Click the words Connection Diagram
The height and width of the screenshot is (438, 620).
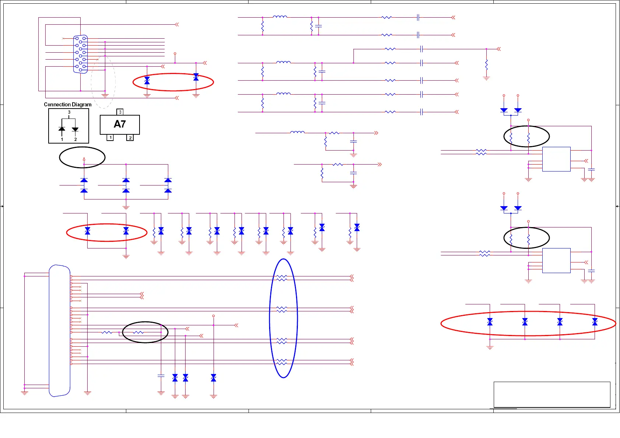click(68, 105)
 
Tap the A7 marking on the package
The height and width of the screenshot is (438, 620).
click(120, 124)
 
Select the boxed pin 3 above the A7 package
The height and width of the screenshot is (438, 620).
click(120, 112)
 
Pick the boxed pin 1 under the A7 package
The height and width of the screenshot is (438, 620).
click(110, 138)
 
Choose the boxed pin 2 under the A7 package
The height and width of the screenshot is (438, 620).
click(130, 138)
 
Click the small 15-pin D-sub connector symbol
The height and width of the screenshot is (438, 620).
click(81, 54)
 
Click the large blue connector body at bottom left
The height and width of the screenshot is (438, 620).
click(60, 331)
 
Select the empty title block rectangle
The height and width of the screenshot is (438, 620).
click(552, 395)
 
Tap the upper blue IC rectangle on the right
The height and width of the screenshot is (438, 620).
click(556, 159)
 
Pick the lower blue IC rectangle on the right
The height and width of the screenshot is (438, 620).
click(556, 261)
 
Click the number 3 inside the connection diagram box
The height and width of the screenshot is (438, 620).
click(69, 112)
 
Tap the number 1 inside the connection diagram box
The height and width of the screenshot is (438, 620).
click(62, 139)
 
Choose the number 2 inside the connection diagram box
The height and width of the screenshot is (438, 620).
click(75, 139)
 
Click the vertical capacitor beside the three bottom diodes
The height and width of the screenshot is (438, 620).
click(161, 375)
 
